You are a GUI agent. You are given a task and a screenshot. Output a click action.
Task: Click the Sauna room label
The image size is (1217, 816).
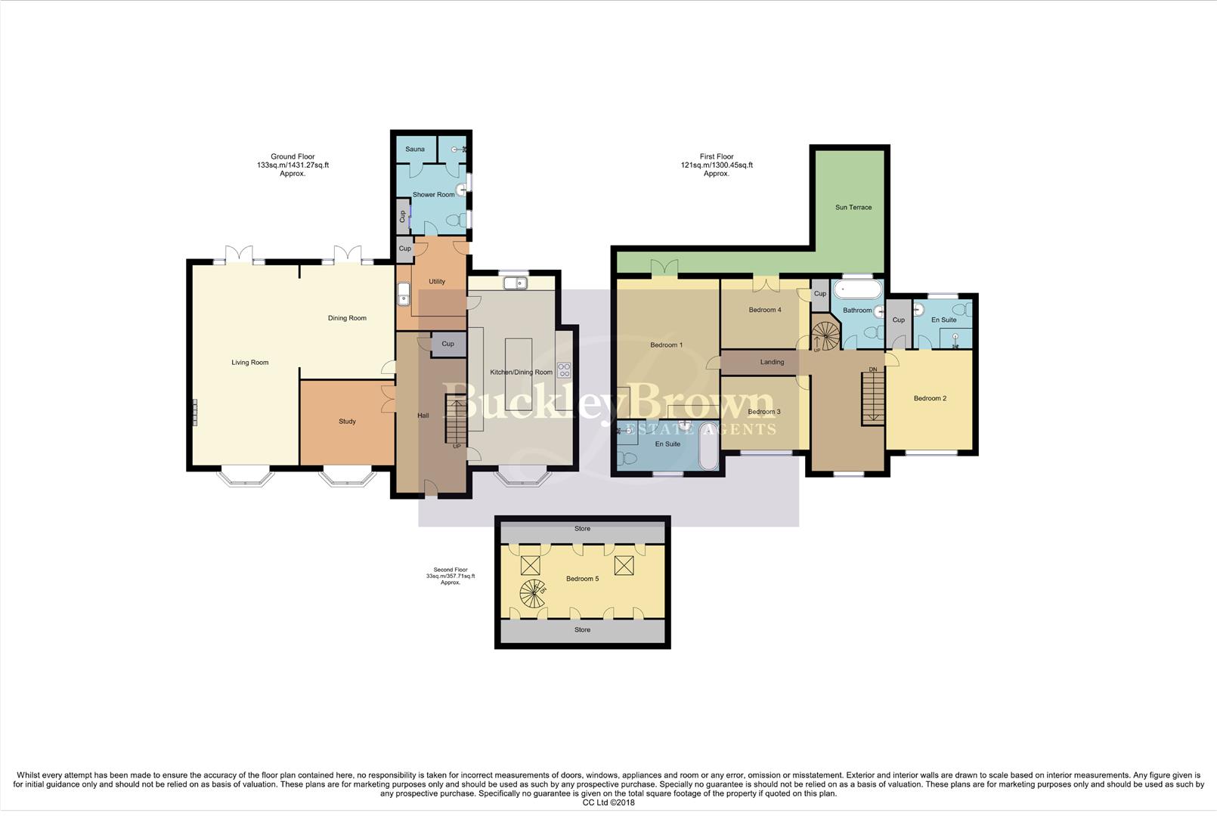[x=414, y=150]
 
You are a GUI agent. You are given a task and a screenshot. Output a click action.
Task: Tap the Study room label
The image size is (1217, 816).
[x=347, y=422]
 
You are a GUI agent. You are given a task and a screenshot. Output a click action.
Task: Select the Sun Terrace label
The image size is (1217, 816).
[x=853, y=207]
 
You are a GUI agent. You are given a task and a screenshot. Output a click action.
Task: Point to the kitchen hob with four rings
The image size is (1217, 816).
[x=564, y=369]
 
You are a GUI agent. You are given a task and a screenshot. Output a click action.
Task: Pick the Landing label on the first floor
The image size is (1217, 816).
[x=772, y=362]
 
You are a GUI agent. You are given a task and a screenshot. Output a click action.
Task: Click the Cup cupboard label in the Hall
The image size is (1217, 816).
[x=447, y=344]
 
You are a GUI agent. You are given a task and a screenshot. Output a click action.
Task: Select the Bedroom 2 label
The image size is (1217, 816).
[x=930, y=398]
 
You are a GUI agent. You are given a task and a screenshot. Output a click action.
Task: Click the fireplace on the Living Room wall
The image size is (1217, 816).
[x=194, y=412]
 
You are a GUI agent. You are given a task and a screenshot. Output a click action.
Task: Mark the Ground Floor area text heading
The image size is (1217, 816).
[x=293, y=165]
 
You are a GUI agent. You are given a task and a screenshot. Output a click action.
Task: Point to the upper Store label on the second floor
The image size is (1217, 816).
[x=582, y=529]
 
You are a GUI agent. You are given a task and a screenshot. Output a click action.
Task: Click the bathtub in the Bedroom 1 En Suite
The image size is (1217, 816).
[x=708, y=447]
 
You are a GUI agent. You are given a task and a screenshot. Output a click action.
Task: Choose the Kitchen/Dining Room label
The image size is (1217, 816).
[x=522, y=372]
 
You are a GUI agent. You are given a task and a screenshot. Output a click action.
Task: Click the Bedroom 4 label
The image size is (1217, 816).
[x=765, y=310]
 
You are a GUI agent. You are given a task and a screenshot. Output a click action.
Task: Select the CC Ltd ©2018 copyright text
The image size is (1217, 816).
[x=608, y=802]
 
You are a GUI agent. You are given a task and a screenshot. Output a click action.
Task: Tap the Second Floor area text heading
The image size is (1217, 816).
[x=451, y=576]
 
